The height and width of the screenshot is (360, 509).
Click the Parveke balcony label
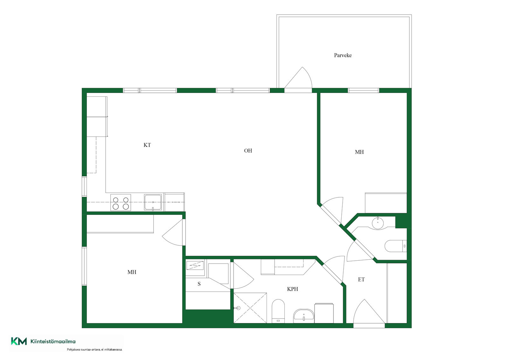343,55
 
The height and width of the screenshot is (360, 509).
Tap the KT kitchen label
147,145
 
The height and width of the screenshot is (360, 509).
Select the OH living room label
248,151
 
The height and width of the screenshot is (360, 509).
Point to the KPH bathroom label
292,289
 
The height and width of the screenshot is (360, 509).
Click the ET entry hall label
361,279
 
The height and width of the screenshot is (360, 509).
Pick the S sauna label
199,284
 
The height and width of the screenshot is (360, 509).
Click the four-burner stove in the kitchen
121,202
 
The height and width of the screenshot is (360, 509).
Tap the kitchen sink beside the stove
153,202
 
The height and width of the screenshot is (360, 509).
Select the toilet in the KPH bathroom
278,311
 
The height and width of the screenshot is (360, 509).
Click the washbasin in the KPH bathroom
303,316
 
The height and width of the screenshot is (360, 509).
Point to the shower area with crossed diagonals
250,308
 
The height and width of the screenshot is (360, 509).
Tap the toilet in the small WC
396,246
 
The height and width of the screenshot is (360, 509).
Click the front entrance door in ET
369,312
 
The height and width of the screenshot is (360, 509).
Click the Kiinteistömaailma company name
53,342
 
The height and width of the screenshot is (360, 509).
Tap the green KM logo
19,341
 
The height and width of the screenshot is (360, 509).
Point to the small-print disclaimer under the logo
94,349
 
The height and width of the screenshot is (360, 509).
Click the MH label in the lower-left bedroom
132,272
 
